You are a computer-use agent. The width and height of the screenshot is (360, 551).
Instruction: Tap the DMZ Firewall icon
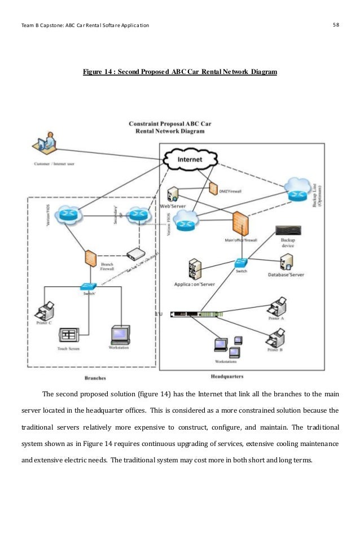pos(214,189)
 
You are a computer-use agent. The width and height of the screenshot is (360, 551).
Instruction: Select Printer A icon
pos(278,307)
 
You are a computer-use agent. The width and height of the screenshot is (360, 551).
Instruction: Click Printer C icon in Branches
pos(45,310)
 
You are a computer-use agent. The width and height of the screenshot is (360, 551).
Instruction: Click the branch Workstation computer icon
pos(120,334)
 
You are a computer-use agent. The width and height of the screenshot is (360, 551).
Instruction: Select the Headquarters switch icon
pos(241,263)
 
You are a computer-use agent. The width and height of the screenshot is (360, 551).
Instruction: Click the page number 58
pos(337,25)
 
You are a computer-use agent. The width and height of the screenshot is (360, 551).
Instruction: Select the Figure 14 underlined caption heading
pos(179,72)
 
